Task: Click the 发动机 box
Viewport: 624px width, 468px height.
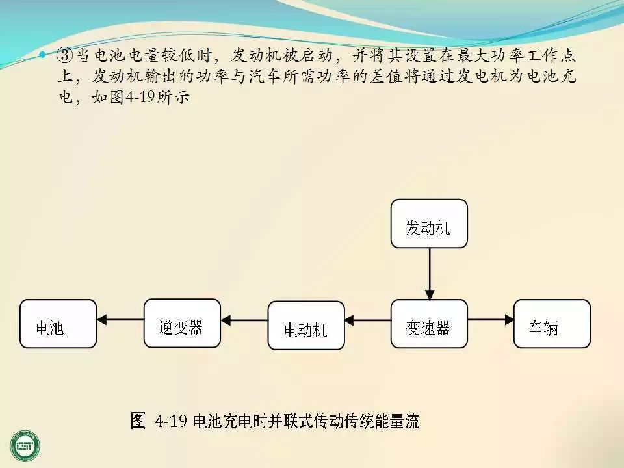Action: [x=429, y=224]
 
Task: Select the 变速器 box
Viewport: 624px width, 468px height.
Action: [x=429, y=324]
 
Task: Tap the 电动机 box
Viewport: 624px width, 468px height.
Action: [x=306, y=325]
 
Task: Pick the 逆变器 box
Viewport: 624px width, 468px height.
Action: [x=182, y=323]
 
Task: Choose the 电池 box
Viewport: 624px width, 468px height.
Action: [x=58, y=324]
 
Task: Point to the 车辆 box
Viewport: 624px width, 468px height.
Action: [x=552, y=324]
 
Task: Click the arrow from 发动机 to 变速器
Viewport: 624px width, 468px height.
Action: [x=429, y=273]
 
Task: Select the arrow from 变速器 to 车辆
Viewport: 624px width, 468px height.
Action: [x=491, y=319]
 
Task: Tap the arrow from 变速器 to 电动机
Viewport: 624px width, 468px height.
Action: [x=367, y=320]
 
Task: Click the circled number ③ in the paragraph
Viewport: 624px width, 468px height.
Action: [x=66, y=55]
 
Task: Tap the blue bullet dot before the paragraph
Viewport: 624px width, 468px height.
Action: [x=43, y=55]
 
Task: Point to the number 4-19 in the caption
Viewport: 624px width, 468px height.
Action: [x=172, y=421]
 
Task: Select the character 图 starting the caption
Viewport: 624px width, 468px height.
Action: [x=137, y=421]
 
